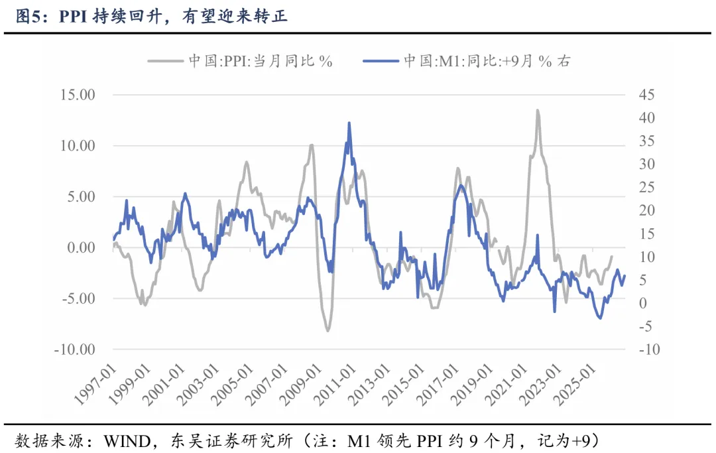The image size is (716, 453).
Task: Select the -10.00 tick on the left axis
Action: (x=76, y=350)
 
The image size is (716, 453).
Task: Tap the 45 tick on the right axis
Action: (x=646, y=95)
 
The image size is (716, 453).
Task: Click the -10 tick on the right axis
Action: (x=649, y=350)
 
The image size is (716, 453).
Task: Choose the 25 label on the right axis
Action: (x=646, y=187)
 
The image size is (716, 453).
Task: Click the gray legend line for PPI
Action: (x=165, y=62)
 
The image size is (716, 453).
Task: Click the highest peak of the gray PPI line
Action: (x=537, y=111)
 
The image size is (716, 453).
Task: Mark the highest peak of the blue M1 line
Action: (x=349, y=123)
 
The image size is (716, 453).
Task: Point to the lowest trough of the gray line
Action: (x=328, y=330)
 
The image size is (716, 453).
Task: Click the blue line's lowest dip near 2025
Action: (x=600, y=318)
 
